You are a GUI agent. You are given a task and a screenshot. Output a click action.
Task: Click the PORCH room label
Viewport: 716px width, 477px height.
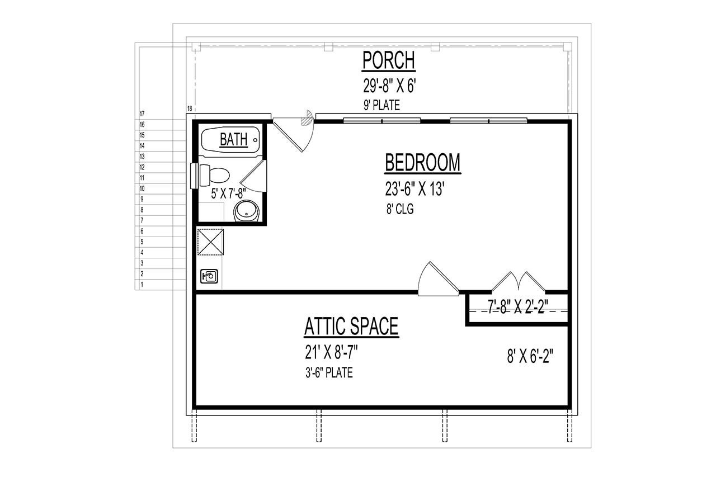coord(389,60)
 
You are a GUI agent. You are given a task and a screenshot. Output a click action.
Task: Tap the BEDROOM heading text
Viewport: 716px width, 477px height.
coord(422,163)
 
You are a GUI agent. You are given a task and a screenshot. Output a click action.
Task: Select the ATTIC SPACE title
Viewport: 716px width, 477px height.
coord(351,327)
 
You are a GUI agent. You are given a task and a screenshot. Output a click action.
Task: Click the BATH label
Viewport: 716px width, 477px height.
coord(234,140)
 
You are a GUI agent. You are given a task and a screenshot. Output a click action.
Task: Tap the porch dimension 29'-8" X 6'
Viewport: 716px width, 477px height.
coord(390,87)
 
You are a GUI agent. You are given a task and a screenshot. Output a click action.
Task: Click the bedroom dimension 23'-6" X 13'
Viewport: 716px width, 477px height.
coord(414,190)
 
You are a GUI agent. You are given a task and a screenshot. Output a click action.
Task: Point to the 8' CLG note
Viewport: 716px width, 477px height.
coord(399,210)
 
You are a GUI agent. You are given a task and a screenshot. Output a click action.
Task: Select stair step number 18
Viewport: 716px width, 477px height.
coord(190,108)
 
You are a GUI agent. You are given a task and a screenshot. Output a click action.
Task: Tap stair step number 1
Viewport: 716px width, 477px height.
coord(143,285)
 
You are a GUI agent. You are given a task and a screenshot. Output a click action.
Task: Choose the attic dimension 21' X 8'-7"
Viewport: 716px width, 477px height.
coord(331,352)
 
